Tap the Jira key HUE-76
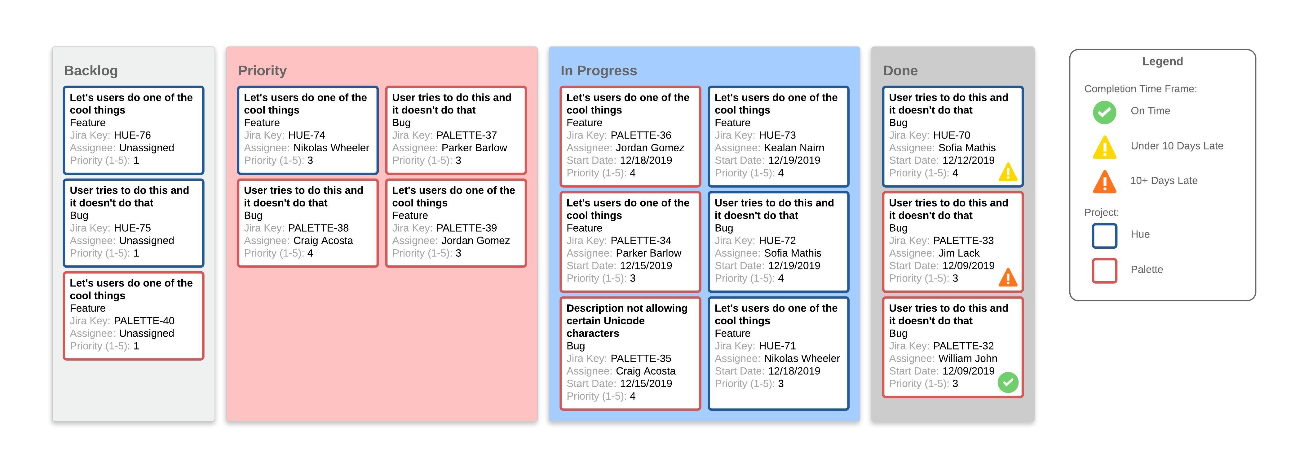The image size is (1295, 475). [132, 135]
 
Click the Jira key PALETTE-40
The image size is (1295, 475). [144, 321]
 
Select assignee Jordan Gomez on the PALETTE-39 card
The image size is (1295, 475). [475, 241]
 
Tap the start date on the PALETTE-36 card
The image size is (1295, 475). [646, 160]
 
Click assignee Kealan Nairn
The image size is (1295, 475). [794, 148]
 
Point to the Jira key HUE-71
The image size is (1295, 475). [777, 346]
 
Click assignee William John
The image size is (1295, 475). [967, 358]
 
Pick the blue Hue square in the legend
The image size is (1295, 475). [1104, 236]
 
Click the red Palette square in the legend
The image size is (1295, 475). [1104, 270]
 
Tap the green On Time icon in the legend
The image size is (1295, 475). [1104, 112]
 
